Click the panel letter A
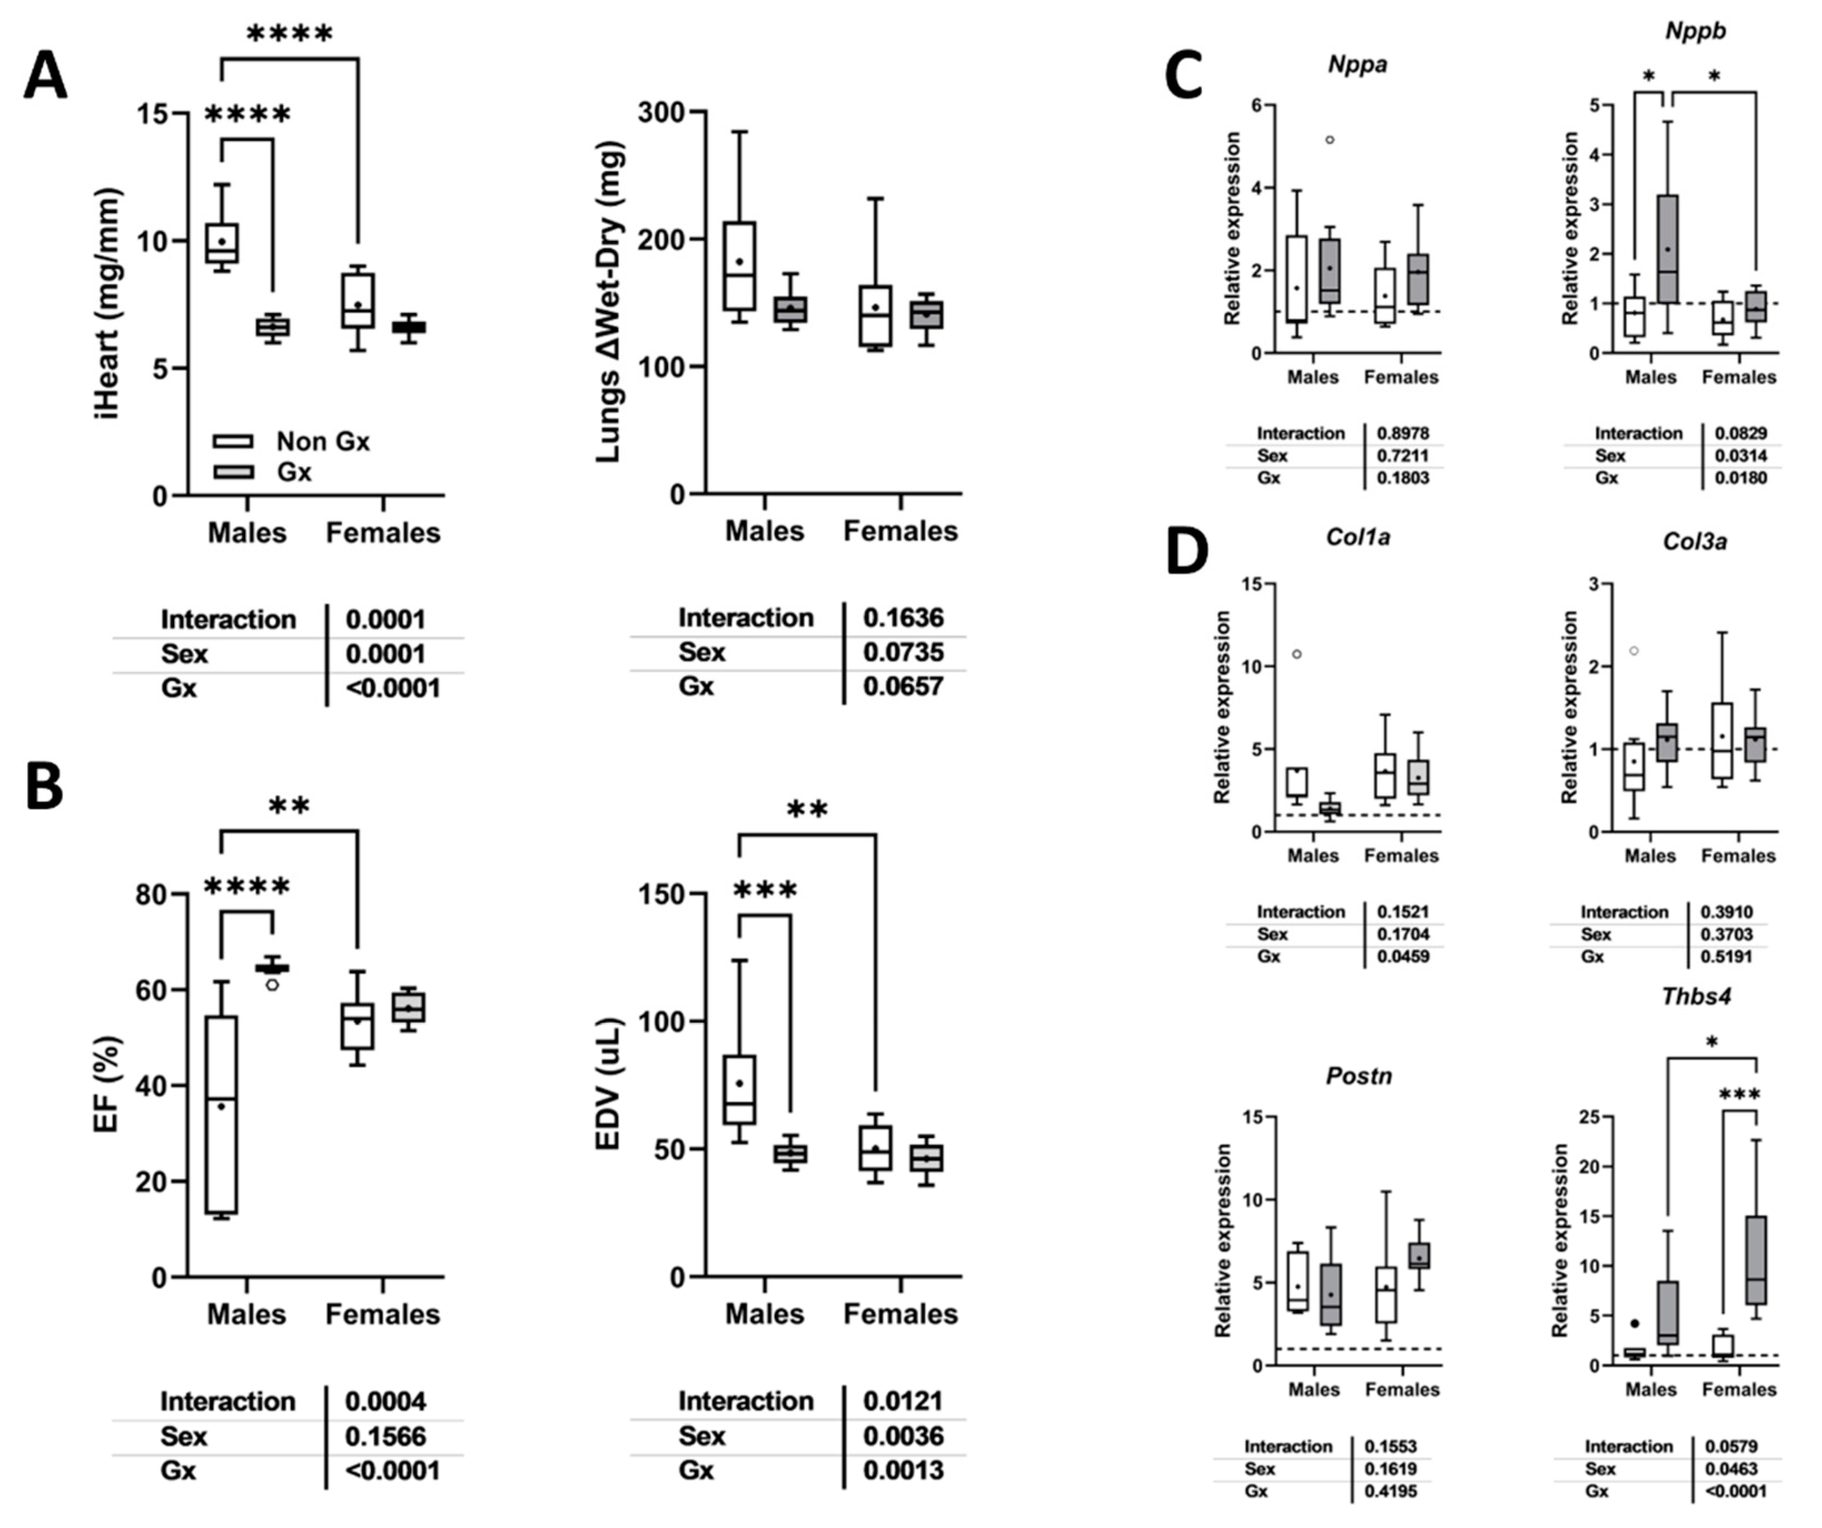[x=45, y=76]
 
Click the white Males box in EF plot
[x=222, y=1114]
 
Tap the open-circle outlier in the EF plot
[x=273, y=984]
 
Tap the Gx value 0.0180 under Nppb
[x=1740, y=477]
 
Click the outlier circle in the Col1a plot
[x=1297, y=654]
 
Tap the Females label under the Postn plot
[x=1402, y=1389]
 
